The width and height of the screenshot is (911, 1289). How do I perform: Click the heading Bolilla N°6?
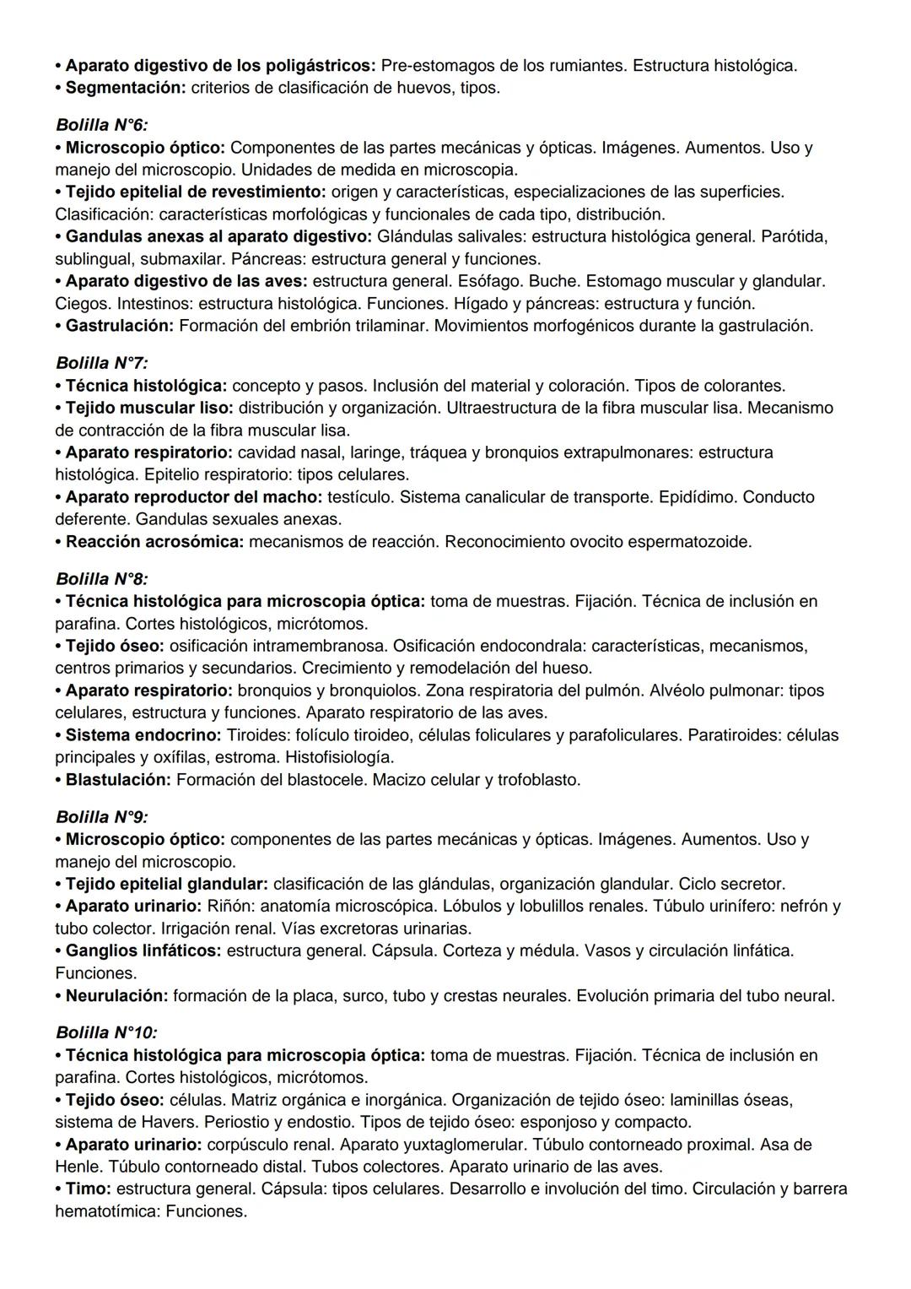[x=101, y=125]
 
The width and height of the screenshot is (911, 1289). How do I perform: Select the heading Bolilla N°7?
[x=101, y=364]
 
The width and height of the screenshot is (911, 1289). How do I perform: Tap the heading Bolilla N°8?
[x=101, y=579]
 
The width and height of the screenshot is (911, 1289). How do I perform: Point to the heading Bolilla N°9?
[x=101, y=817]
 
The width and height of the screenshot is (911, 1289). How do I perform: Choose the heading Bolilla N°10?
[x=106, y=1032]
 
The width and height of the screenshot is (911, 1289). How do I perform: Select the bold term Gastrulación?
[x=120, y=326]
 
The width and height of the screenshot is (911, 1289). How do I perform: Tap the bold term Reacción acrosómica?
[x=154, y=542]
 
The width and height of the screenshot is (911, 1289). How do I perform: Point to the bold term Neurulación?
[x=116, y=996]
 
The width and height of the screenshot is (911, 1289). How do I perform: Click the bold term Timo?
[x=88, y=1189]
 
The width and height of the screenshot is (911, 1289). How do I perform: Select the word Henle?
[x=78, y=1167]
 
